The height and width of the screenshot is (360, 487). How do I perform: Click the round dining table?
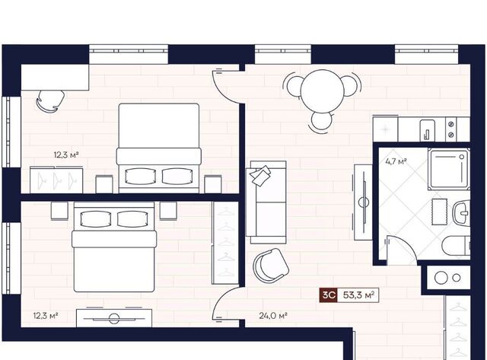[x=323, y=92]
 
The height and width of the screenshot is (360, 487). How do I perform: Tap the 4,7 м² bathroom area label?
[x=396, y=161]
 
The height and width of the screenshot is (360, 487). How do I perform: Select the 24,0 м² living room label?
[x=273, y=316]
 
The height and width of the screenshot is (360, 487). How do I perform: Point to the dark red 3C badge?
[x=329, y=295]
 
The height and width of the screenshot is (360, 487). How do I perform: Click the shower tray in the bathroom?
[x=448, y=169]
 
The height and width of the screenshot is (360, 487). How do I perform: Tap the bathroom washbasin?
[x=462, y=213]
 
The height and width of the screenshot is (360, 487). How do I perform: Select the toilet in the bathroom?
[x=456, y=245]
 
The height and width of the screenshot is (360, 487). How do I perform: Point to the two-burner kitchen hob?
[x=451, y=129]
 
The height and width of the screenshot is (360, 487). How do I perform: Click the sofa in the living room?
[x=266, y=202]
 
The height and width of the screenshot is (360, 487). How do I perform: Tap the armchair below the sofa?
[x=271, y=266]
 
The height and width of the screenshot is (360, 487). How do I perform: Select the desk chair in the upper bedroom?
[x=50, y=100]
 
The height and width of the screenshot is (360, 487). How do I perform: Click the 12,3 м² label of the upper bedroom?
[x=66, y=155]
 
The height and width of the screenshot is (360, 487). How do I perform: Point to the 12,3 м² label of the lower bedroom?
[x=46, y=316]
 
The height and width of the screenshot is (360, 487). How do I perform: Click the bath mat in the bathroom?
[x=440, y=212]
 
